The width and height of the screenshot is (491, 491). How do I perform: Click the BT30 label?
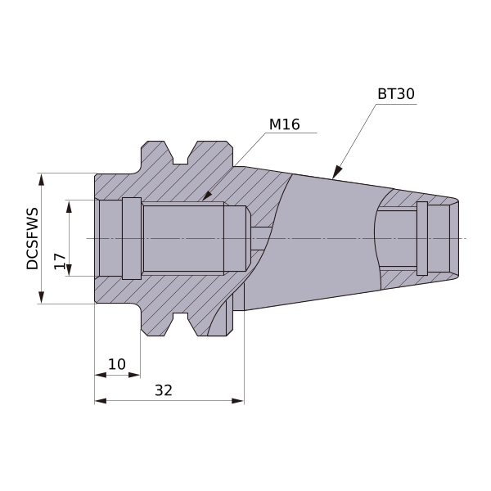[x=396, y=94]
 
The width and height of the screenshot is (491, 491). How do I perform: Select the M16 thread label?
[x=284, y=124]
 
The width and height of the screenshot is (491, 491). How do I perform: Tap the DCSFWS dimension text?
[x=32, y=238]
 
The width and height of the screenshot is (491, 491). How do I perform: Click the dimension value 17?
[x=60, y=262]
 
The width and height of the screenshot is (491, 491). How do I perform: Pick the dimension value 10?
[x=117, y=364]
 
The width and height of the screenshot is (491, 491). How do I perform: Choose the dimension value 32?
[x=164, y=390]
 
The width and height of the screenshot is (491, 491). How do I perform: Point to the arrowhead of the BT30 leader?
[x=336, y=172]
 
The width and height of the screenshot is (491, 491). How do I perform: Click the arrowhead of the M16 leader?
[x=207, y=196]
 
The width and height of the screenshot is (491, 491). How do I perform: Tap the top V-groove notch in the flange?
[x=180, y=154]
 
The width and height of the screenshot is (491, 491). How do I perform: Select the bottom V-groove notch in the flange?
[x=180, y=323]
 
